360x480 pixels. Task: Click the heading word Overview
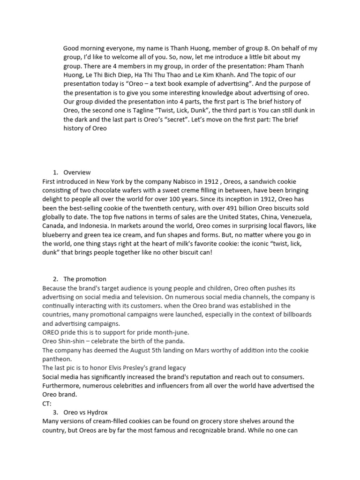point(77,172)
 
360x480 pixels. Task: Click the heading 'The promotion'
point(84,279)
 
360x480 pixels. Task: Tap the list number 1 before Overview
point(55,172)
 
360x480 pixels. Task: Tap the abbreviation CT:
point(47,403)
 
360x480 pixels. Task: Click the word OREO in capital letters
point(51,332)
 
